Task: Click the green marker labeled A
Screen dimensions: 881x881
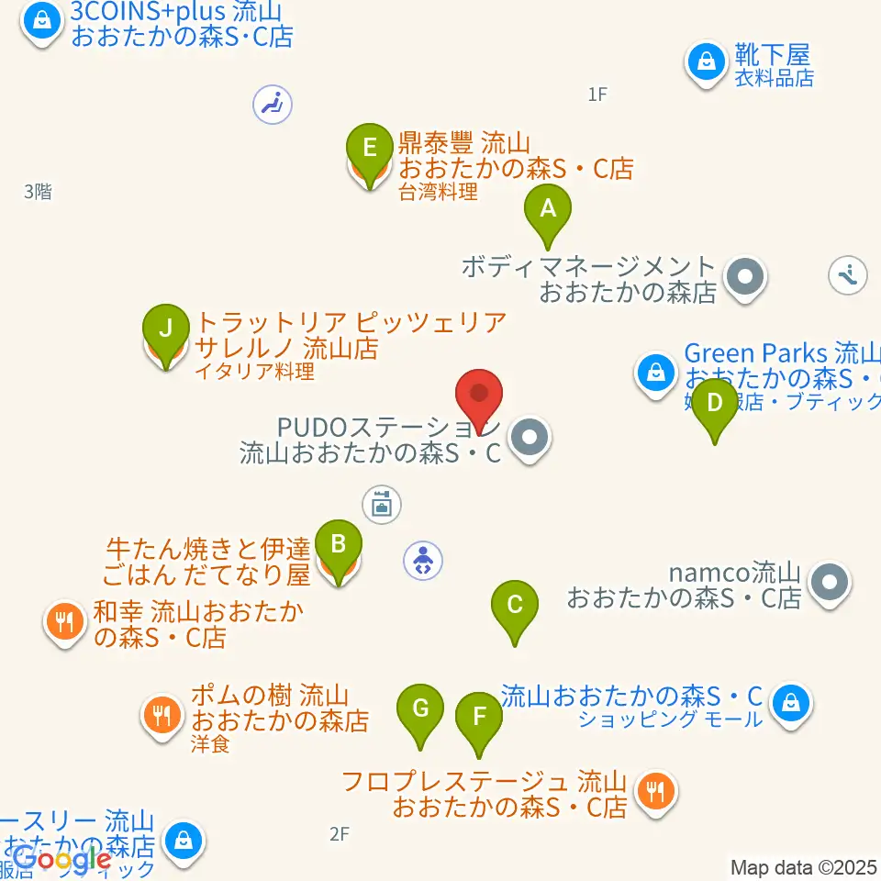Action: (x=547, y=211)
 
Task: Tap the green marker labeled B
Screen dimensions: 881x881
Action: (x=338, y=546)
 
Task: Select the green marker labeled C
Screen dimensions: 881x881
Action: (x=514, y=607)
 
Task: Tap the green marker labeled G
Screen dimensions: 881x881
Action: (x=420, y=710)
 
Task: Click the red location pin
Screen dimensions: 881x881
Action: (x=479, y=397)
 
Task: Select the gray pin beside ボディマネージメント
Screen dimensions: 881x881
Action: (x=745, y=275)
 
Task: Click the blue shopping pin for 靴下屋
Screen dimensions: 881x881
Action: (x=707, y=62)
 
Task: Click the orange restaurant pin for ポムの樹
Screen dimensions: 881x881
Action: (x=162, y=713)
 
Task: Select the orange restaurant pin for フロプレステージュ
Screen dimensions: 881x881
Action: (x=654, y=788)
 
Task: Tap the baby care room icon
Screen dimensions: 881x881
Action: (x=422, y=560)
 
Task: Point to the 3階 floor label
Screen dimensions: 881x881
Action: (x=38, y=192)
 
